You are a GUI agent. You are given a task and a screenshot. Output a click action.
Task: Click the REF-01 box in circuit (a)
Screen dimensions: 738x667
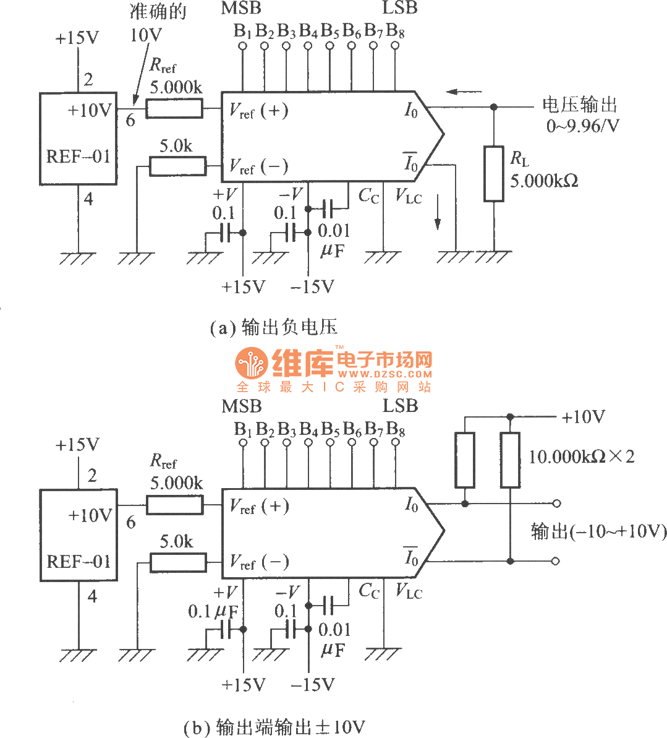(x=79, y=139)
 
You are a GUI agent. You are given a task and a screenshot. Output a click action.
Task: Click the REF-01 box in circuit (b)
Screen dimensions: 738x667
(x=79, y=535)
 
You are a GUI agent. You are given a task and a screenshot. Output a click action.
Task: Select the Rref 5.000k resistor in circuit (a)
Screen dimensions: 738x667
(x=174, y=109)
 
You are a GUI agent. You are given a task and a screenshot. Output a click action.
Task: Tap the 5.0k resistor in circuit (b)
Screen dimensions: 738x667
(x=178, y=562)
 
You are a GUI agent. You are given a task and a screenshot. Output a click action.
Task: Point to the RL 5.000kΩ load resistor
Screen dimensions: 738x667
(x=493, y=174)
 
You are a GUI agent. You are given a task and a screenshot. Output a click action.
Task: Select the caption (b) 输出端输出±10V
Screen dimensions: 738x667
(x=274, y=727)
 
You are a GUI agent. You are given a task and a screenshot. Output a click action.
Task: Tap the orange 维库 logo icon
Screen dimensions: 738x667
(x=251, y=363)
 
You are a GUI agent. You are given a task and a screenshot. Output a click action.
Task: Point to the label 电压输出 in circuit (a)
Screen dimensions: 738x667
(x=579, y=105)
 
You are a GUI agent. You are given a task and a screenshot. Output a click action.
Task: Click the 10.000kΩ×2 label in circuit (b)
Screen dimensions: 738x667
(x=581, y=457)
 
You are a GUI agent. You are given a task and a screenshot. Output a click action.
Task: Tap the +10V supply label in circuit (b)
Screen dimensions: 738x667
(x=583, y=417)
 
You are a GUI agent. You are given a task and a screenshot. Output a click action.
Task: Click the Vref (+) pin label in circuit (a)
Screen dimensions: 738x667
(x=258, y=111)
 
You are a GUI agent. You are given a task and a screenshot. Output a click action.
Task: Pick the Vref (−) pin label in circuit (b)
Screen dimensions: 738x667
(x=258, y=562)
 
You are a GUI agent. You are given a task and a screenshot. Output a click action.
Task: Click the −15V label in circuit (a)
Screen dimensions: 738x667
(x=312, y=287)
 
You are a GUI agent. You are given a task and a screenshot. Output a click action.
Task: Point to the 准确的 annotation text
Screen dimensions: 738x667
(x=157, y=11)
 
